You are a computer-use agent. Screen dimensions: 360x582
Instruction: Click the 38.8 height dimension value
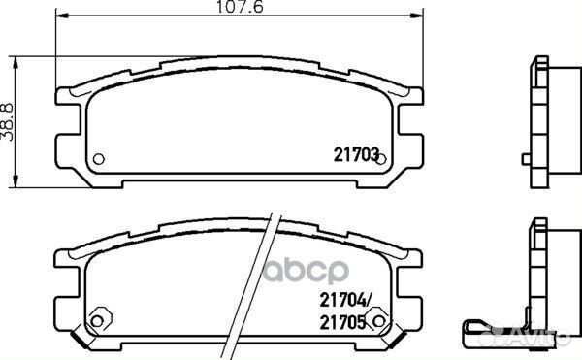(9, 121)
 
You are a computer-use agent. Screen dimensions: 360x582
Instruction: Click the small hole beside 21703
(381, 159)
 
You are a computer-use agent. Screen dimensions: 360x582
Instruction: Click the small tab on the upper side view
(525, 158)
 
